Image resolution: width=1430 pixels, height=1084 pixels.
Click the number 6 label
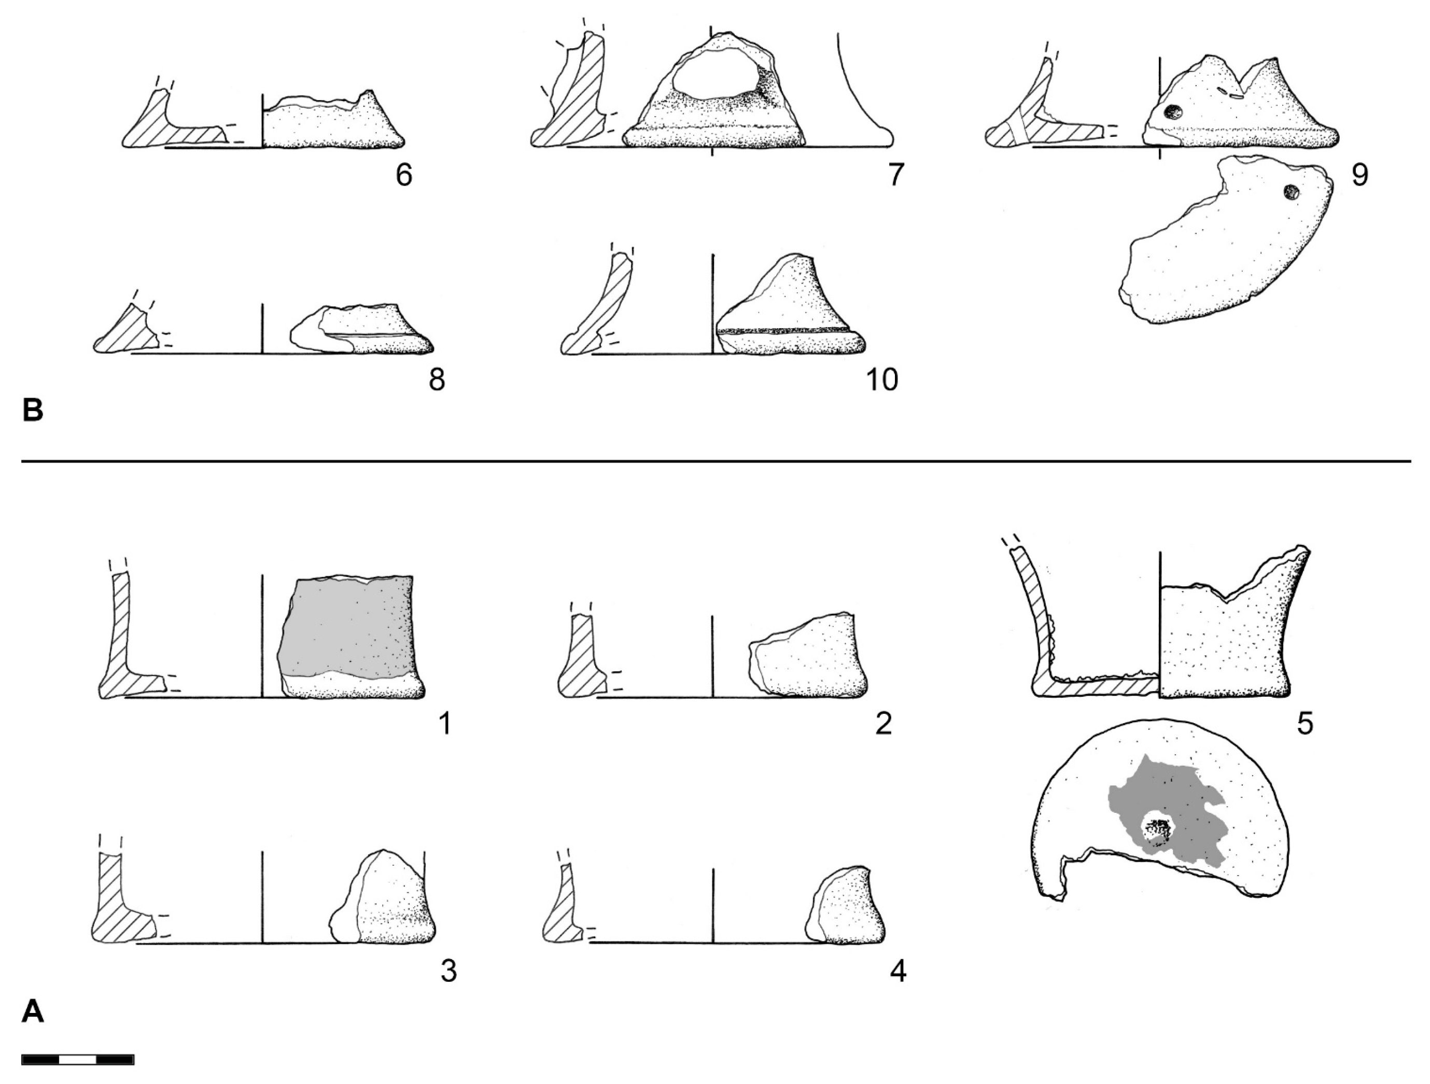(x=404, y=175)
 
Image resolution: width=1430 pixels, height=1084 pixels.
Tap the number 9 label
(x=1359, y=175)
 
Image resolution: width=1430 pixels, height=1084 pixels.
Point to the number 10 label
(x=882, y=380)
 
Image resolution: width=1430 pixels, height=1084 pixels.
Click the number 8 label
(x=437, y=380)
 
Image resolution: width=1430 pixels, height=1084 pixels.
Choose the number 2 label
(x=882, y=725)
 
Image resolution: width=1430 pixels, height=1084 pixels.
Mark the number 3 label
(x=448, y=972)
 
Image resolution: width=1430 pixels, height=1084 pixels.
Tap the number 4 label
(x=898, y=972)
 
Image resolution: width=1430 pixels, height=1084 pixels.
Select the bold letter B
(x=33, y=411)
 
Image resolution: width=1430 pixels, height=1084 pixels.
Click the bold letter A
(x=33, y=1011)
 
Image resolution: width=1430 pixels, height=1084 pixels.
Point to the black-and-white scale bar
(x=78, y=1060)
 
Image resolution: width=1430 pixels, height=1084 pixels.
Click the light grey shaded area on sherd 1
(x=346, y=627)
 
